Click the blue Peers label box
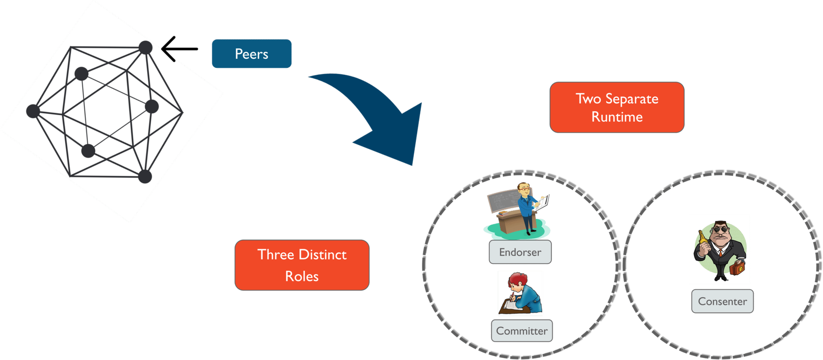pyautogui.click(x=251, y=54)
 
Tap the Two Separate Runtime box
pyautogui.click(x=617, y=108)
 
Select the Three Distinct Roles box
pyautogui.click(x=302, y=265)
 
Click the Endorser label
pyautogui.click(x=520, y=252)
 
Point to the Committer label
pyautogui.click(x=522, y=331)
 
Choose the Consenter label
pyautogui.click(x=722, y=302)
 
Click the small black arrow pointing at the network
pyautogui.click(x=180, y=49)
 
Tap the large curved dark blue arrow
pyautogui.click(x=379, y=115)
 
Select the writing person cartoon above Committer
pyautogui.click(x=520, y=293)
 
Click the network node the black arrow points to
pyautogui.click(x=145, y=48)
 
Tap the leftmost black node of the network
pyautogui.click(x=33, y=111)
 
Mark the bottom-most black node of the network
pyautogui.click(x=145, y=177)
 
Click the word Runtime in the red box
pyautogui.click(x=617, y=117)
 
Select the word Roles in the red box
pyautogui.click(x=302, y=276)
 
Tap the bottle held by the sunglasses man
pyautogui.click(x=702, y=239)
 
